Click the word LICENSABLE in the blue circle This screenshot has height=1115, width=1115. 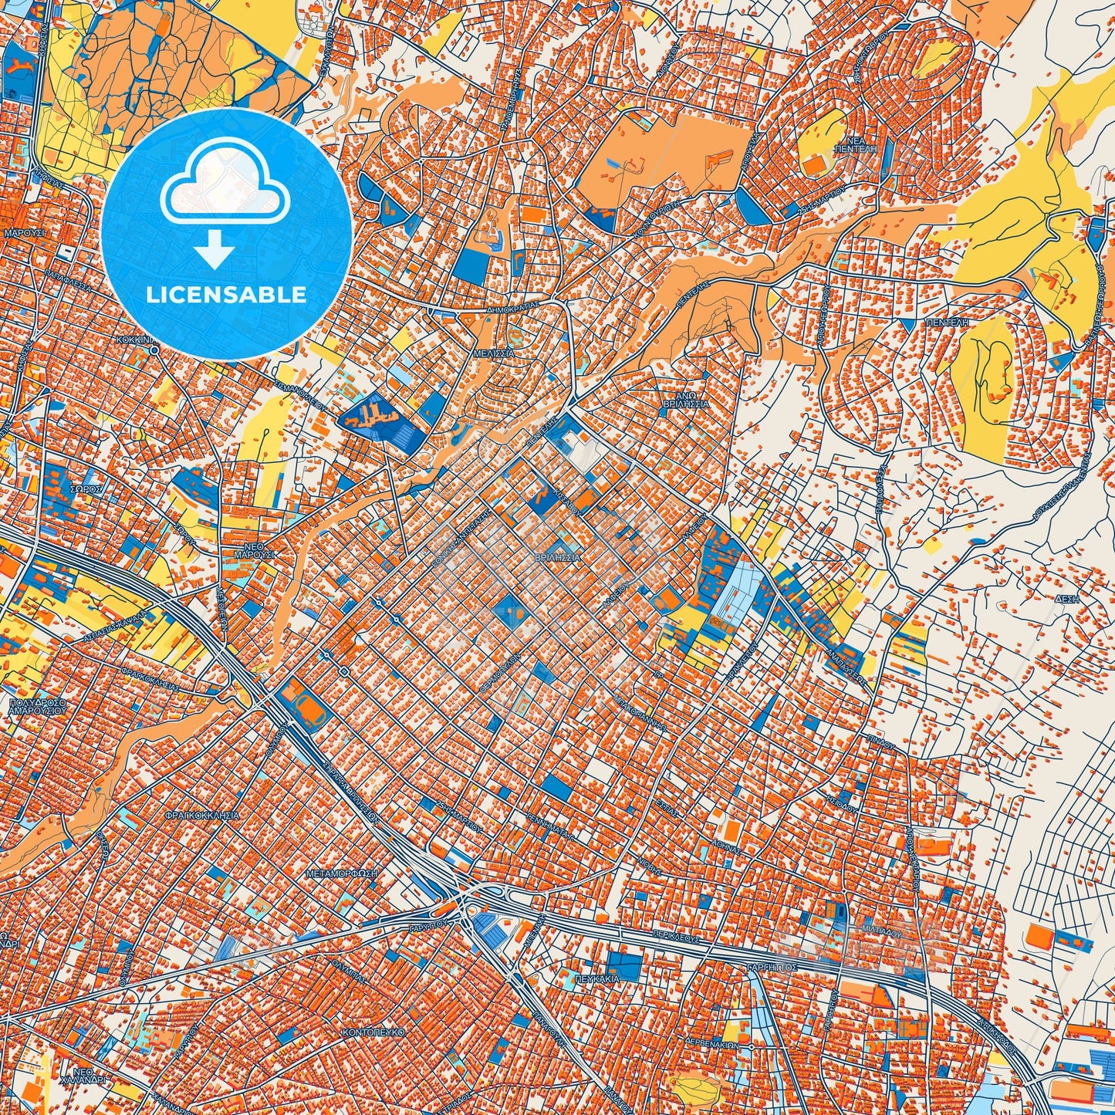(227, 295)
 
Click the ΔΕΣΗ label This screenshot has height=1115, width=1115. (1066, 599)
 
